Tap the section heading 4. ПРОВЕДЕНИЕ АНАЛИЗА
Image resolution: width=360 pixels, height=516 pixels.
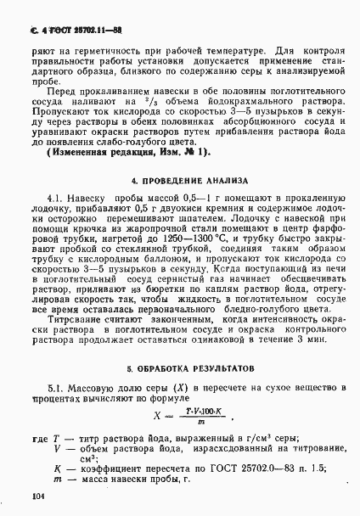179,181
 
